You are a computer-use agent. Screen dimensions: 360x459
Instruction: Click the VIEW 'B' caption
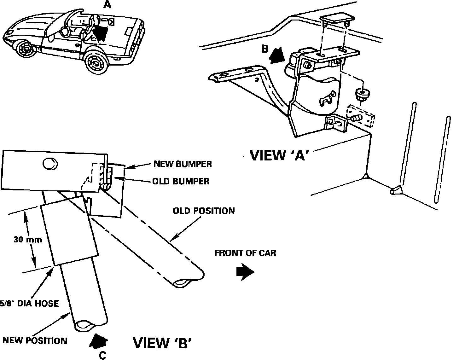[162, 343]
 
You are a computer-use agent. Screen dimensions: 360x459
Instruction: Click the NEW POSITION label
[35, 340]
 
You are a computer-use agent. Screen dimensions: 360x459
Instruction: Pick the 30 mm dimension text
[28, 240]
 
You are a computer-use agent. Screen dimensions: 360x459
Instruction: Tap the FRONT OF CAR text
[245, 253]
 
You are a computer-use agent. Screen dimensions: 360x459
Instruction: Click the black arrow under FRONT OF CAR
[245, 272]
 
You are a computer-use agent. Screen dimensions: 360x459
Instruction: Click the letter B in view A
[265, 49]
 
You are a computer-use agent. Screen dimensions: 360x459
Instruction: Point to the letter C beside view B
[102, 355]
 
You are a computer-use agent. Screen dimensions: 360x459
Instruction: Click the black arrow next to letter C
[99, 341]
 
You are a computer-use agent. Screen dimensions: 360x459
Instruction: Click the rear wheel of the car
[96, 63]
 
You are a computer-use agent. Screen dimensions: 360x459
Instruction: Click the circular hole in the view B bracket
[50, 164]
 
